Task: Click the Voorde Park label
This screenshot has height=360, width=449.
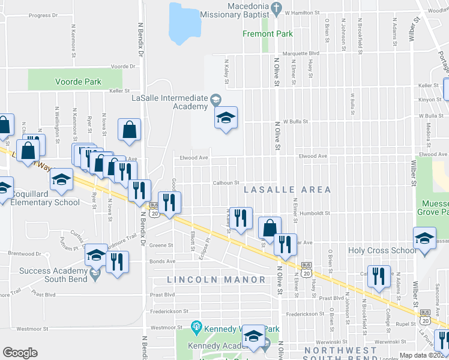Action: click(78, 82)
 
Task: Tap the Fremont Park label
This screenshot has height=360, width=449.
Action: click(268, 34)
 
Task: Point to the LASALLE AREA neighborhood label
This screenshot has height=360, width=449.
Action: click(287, 190)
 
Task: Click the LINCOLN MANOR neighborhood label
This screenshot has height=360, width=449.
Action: click(216, 280)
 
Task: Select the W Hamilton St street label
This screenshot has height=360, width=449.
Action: click(303, 12)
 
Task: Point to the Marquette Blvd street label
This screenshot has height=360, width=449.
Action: click(301, 53)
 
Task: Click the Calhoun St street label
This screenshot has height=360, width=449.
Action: click(225, 183)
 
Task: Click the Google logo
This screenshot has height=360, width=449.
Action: click(20, 352)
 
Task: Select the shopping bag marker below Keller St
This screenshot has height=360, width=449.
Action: click(129, 130)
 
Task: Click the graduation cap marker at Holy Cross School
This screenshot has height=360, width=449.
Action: click(424, 238)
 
